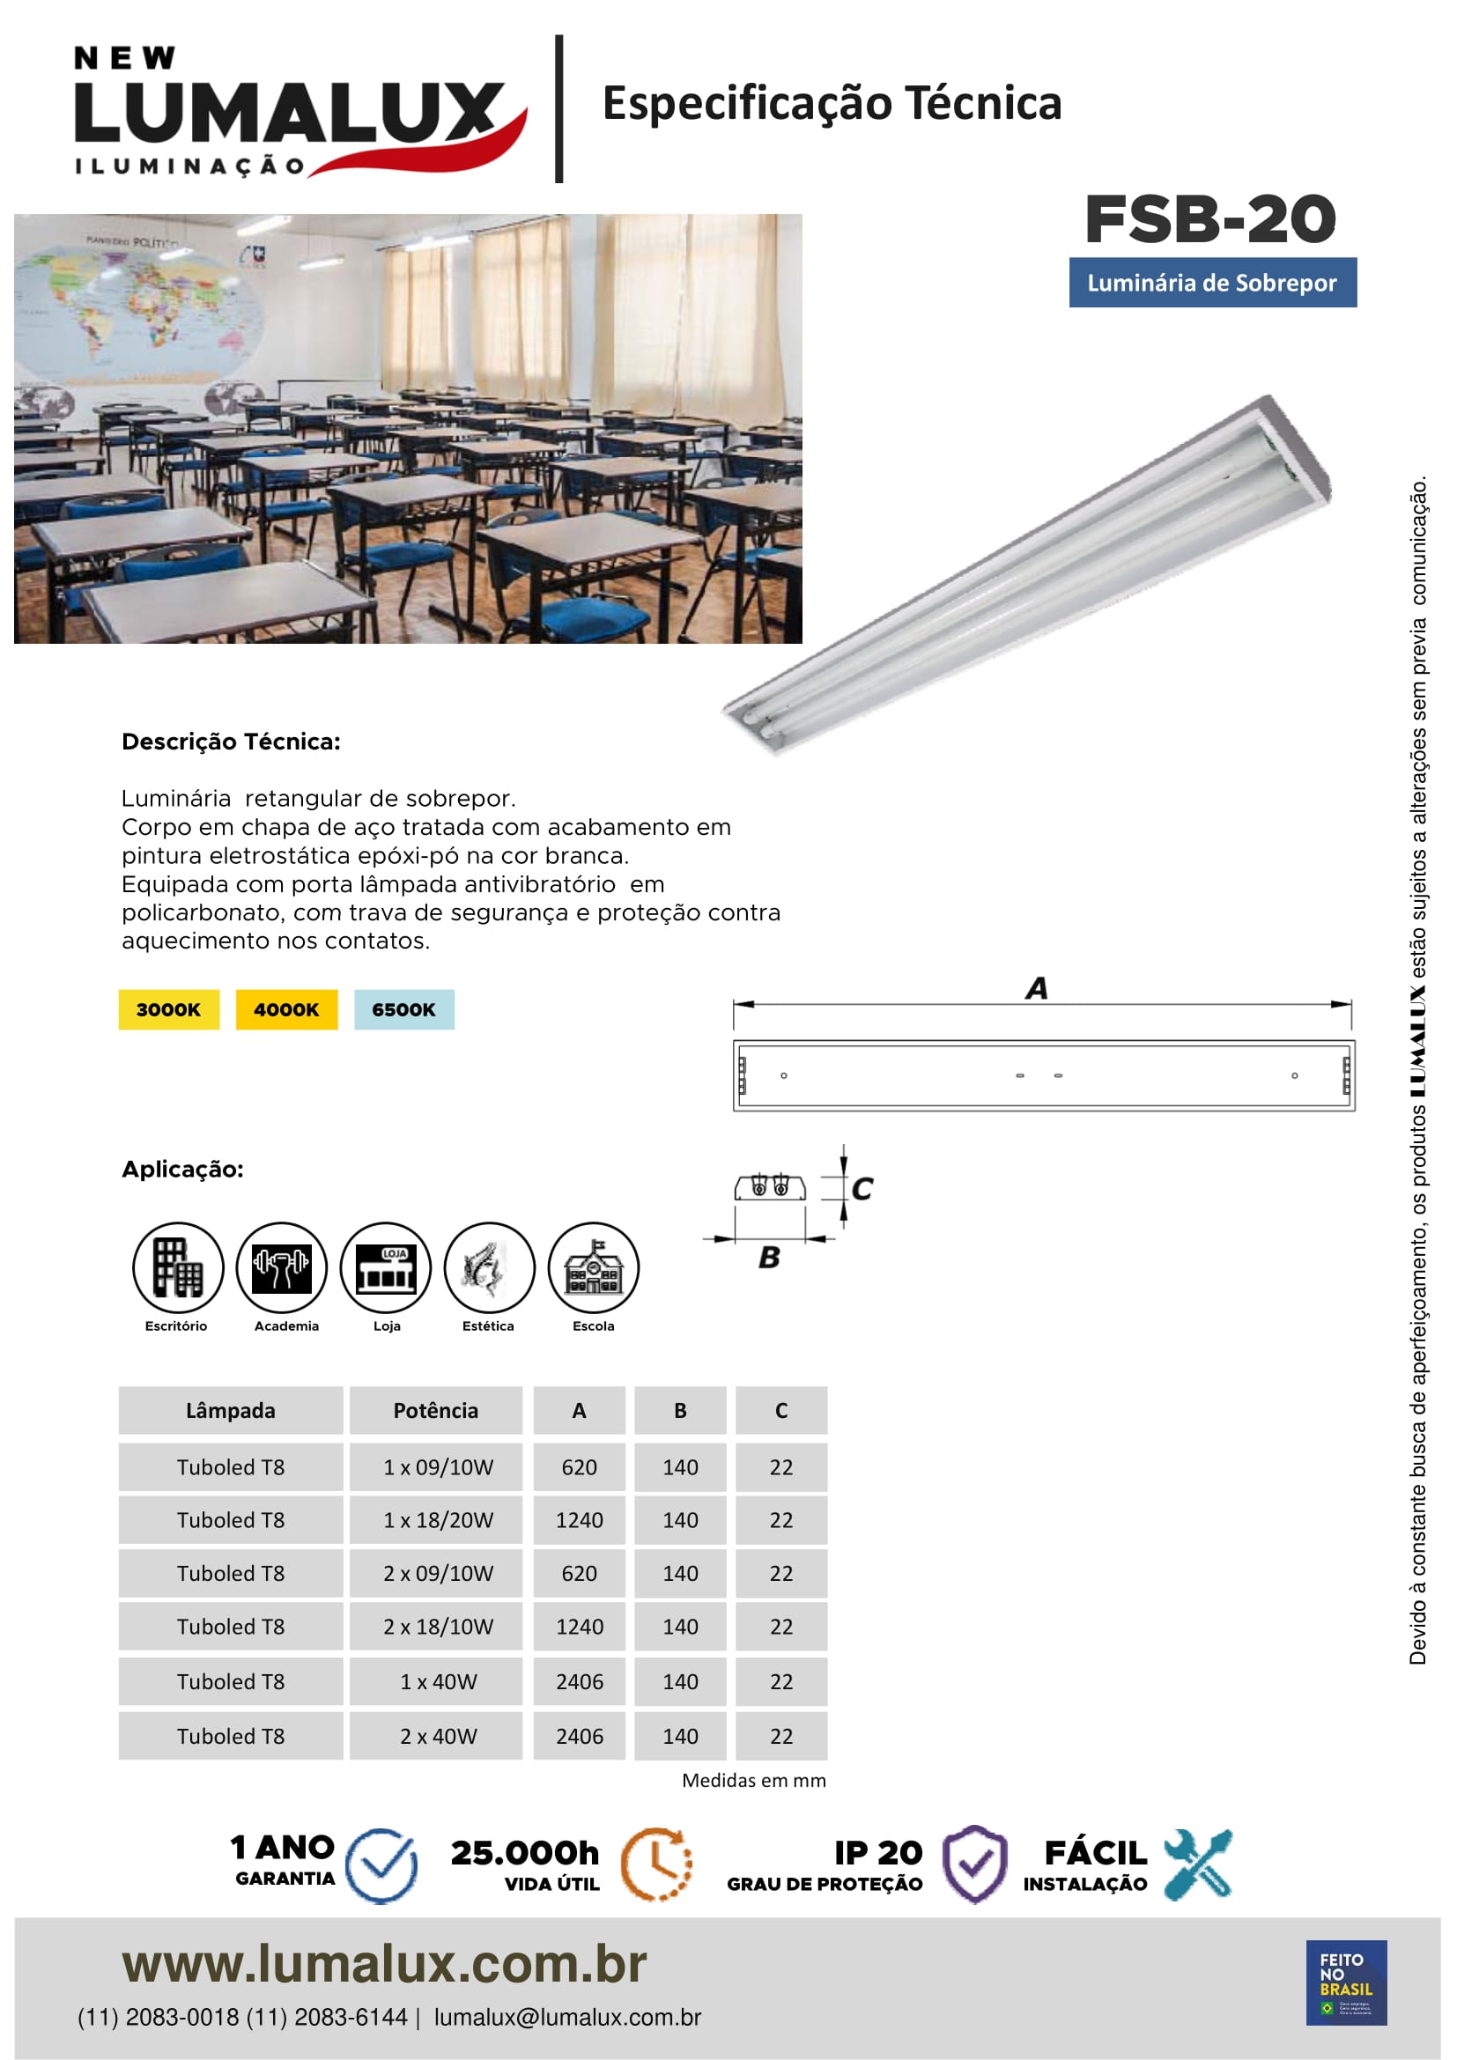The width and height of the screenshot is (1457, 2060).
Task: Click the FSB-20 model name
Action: pyautogui.click(x=1210, y=219)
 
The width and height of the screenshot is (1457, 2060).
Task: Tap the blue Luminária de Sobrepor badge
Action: pyautogui.click(x=1212, y=283)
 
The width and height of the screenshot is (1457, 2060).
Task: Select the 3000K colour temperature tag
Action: pyautogui.click(x=168, y=1009)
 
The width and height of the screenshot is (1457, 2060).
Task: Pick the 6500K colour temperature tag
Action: pyautogui.click(x=403, y=1009)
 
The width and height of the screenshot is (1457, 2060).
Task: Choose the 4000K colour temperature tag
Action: pyautogui.click(x=286, y=1009)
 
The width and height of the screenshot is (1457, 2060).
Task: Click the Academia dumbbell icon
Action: pyautogui.click(x=282, y=1266)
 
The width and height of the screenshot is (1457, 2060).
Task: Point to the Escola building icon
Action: pyautogui.click(x=593, y=1266)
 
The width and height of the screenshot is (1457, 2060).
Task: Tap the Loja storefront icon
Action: pyautogui.click(x=386, y=1266)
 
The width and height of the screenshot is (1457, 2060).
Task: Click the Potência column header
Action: pyautogui.click(x=436, y=1410)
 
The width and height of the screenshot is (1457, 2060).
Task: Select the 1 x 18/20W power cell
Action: pyautogui.click(x=438, y=1520)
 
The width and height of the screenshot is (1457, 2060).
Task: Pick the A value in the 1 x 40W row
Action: pyautogui.click(x=580, y=1681)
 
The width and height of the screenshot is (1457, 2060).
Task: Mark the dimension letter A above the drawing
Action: pyautogui.click(x=1036, y=989)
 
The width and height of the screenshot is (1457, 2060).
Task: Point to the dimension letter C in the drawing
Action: pyautogui.click(x=862, y=1189)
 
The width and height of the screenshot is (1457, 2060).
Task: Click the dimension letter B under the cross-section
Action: pyautogui.click(x=769, y=1258)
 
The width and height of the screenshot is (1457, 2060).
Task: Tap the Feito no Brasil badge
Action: pyautogui.click(x=1346, y=1982)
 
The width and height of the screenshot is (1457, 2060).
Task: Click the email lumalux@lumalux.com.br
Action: pyautogui.click(x=567, y=2017)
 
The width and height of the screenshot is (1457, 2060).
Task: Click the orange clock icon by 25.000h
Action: pyautogui.click(x=657, y=1864)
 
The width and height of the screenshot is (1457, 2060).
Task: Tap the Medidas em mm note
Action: pyautogui.click(x=754, y=1780)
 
